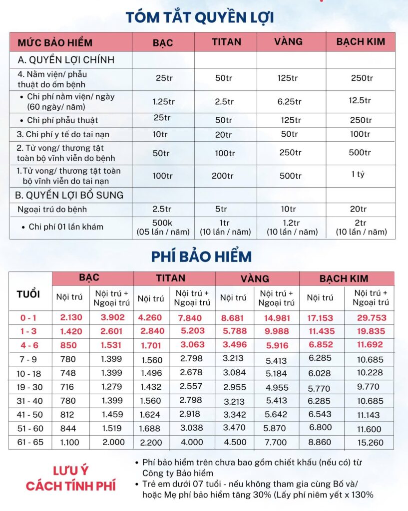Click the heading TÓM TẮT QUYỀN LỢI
tap(200, 17)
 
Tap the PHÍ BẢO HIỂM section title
tap(201, 256)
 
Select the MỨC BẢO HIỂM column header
tap(55, 42)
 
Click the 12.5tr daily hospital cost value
tap(360, 100)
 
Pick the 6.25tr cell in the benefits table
tap(290, 101)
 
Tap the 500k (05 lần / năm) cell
tap(162, 227)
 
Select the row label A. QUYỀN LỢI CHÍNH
tap(66, 60)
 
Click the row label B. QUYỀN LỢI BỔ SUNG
tap(70, 195)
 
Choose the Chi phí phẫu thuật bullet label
tap(62, 120)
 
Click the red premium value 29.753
tap(372, 317)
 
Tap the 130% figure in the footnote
tap(360, 495)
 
